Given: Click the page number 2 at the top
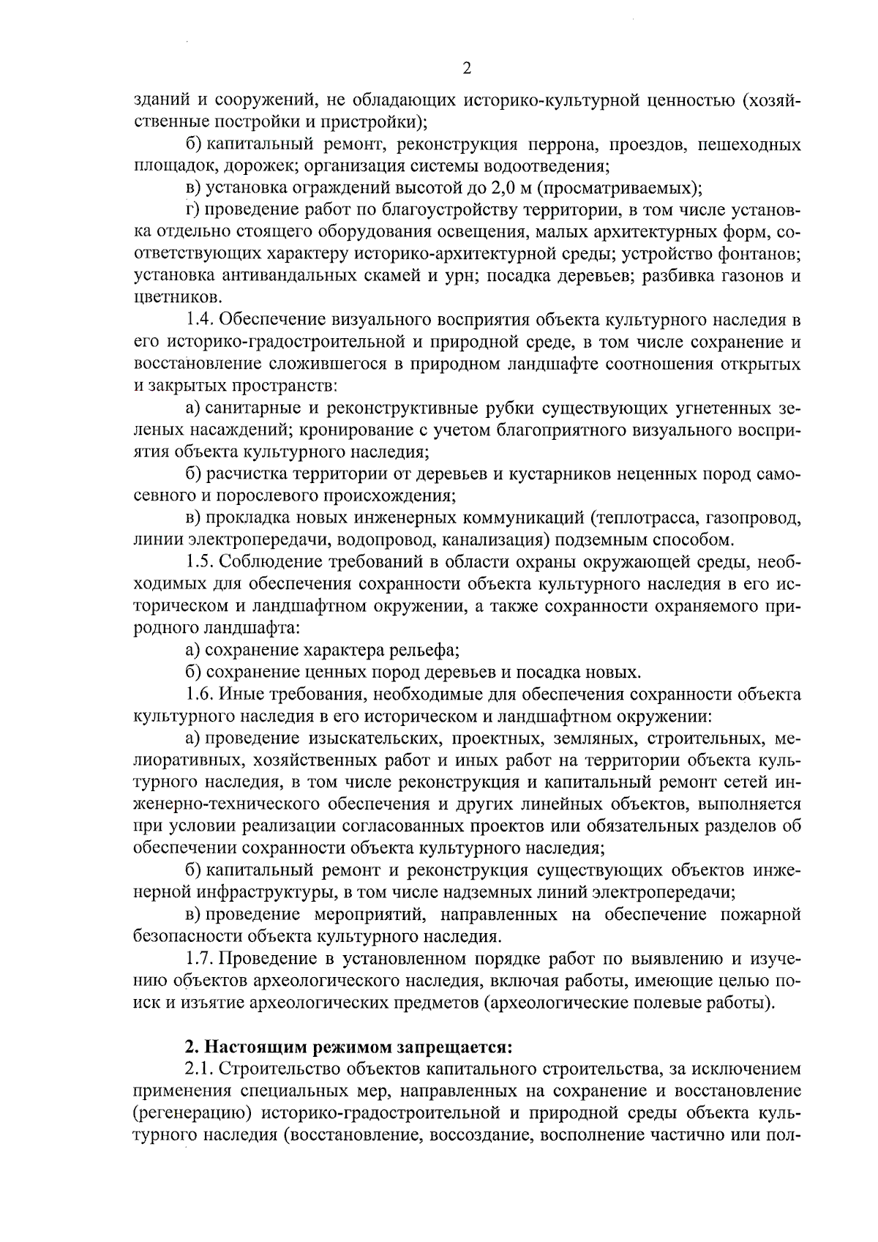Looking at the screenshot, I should coord(467,68).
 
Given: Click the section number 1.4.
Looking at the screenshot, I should coord(199,320).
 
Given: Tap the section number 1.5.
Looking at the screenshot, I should coord(199,562).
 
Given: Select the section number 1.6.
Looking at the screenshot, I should coord(199,694).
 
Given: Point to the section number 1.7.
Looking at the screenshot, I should coord(199,958).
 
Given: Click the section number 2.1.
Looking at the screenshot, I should coord(199,1069).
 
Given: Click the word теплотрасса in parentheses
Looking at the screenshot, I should coord(645,518).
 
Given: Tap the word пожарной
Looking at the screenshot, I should coord(761,914).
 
